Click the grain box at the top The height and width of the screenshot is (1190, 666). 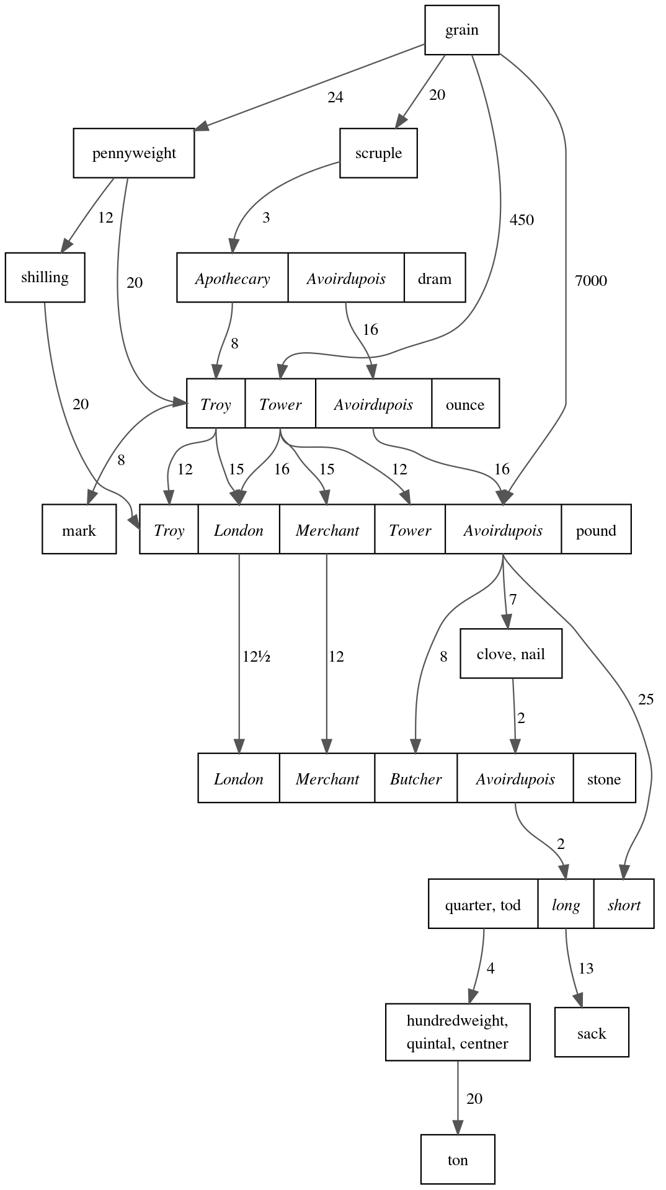coord(461,30)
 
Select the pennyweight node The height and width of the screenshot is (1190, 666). coord(134,153)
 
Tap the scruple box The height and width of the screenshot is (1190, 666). coord(378,153)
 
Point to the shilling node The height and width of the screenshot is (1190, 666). coord(45,277)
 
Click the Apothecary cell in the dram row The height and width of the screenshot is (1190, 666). coord(233,278)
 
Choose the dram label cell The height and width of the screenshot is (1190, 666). coord(434,278)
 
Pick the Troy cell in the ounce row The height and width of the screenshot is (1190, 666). coord(216,404)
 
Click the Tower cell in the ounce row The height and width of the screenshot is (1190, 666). coord(280,404)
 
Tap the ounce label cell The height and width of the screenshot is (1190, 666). coord(464,404)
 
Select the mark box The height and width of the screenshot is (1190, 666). coord(79,530)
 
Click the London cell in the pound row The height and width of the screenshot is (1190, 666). coord(239,530)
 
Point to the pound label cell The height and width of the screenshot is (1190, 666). coord(595,530)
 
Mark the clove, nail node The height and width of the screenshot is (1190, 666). coord(511,654)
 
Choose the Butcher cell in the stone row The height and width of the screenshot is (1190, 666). coord(415,779)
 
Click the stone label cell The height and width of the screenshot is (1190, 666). coord(603,779)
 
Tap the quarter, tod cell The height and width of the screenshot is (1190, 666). coord(482,905)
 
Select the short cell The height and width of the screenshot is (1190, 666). coord(623,905)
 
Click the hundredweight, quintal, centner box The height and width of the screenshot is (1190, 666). coord(458,1032)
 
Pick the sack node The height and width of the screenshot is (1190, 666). coord(591,1033)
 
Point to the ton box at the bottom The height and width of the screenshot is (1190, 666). coord(458,1160)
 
